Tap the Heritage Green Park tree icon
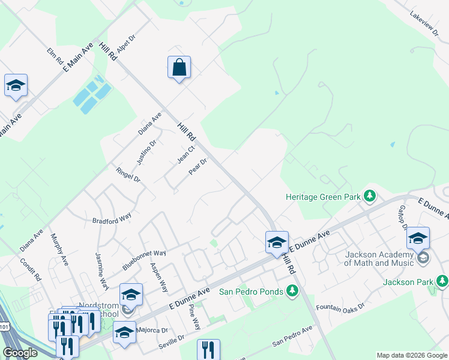pyautogui.click(x=370, y=196)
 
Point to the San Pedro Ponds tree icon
pyautogui.click(x=292, y=291)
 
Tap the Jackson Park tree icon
pyautogui.click(x=442, y=281)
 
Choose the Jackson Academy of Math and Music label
pyautogui.click(x=379, y=258)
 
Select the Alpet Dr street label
pyautogui.click(x=127, y=44)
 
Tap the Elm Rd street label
pyautogui.click(x=55, y=56)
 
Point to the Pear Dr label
pyautogui.click(x=197, y=166)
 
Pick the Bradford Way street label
pyautogui.click(x=112, y=218)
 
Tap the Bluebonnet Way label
pyautogui.click(x=144, y=259)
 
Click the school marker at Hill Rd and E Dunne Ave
pyautogui.click(x=277, y=242)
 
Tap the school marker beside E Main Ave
pyautogui.click(x=16, y=85)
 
